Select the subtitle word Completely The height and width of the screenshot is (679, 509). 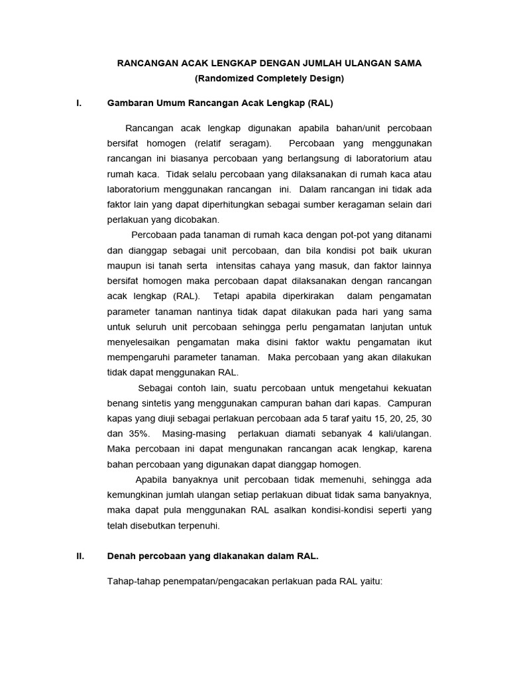coord(278,79)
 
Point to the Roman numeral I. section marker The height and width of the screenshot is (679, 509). coord(80,103)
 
